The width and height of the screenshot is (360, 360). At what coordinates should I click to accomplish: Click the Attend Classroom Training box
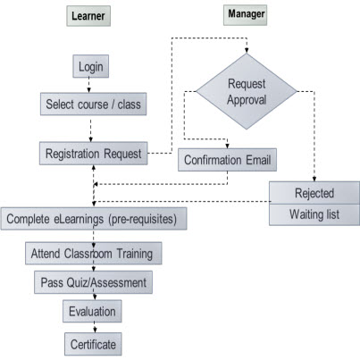[94, 253]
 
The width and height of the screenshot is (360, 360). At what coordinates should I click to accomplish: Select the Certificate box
[93, 342]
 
